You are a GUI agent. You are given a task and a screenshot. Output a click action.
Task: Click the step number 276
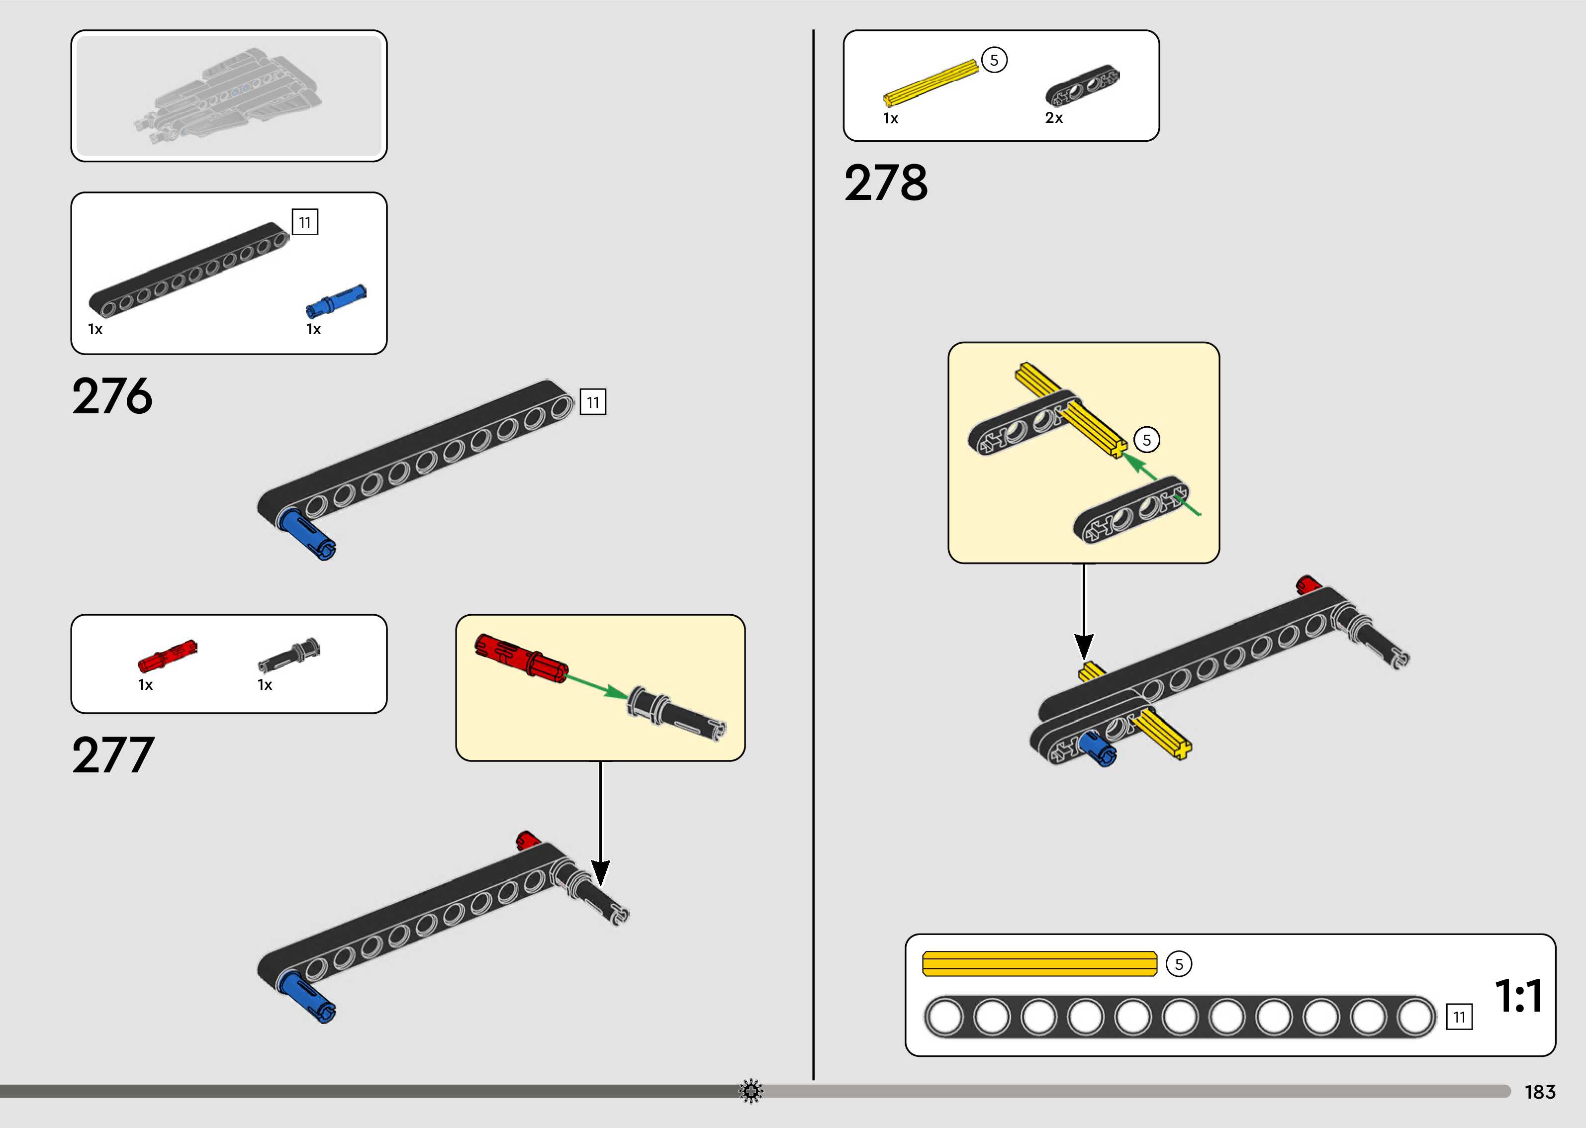[x=112, y=396]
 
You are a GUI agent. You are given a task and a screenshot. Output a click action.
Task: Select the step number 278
[x=885, y=184]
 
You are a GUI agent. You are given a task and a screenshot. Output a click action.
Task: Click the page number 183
[x=1539, y=1092]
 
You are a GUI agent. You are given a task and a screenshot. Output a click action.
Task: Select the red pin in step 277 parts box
[x=167, y=656]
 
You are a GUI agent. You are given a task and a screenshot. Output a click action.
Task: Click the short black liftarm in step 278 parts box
[x=1082, y=86]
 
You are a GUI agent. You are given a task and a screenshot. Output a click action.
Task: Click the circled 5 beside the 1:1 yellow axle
[x=1178, y=964]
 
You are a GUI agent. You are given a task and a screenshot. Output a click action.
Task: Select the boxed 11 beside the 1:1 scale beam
[x=1459, y=1018]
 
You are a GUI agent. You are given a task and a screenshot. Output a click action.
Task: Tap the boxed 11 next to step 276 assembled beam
[x=592, y=402]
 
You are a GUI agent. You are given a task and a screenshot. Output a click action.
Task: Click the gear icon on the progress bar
[x=750, y=1091]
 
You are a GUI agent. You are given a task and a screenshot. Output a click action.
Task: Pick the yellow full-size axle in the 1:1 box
[x=1039, y=964]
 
